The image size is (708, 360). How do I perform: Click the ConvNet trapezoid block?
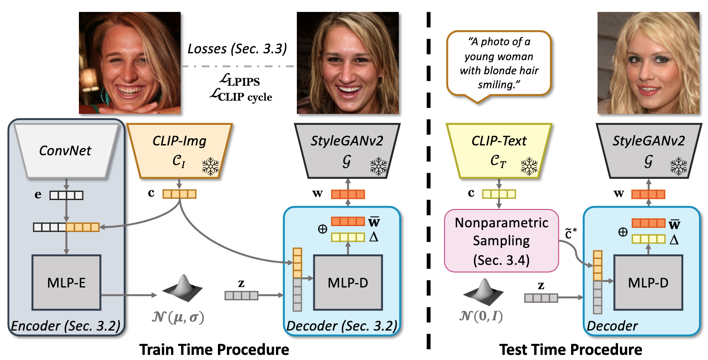pyautogui.click(x=65, y=151)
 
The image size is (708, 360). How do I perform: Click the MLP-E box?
pyautogui.click(x=66, y=282)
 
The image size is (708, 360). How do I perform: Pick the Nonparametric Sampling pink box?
pyautogui.click(x=501, y=241)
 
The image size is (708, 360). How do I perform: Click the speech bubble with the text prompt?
pyautogui.click(x=499, y=63)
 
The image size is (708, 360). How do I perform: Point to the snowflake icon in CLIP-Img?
pyautogui.click(x=210, y=166)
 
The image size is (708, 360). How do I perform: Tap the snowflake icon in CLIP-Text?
pyautogui.click(x=529, y=166)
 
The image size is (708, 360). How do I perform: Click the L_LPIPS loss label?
pyautogui.click(x=240, y=80)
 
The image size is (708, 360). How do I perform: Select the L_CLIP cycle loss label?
pyautogui.click(x=241, y=96)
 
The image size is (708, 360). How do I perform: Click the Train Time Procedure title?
pyautogui.click(x=214, y=349)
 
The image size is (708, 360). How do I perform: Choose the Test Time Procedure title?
pyautogui.click(x=571, y=349)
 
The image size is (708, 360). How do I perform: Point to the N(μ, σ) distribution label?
pyautogui.click(x=178, y=317)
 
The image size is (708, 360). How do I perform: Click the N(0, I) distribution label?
pyautogui.click(x=481, y=316)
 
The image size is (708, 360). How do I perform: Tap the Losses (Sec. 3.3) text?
pyautogui.click(x=237, y=49)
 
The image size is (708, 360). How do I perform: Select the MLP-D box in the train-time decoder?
pyautogui.click(x=348, y=282)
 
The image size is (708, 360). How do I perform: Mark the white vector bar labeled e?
pyautogui.click(x=66, y=195)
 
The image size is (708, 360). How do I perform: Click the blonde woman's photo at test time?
pyautogui.click(x=648, y=63)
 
